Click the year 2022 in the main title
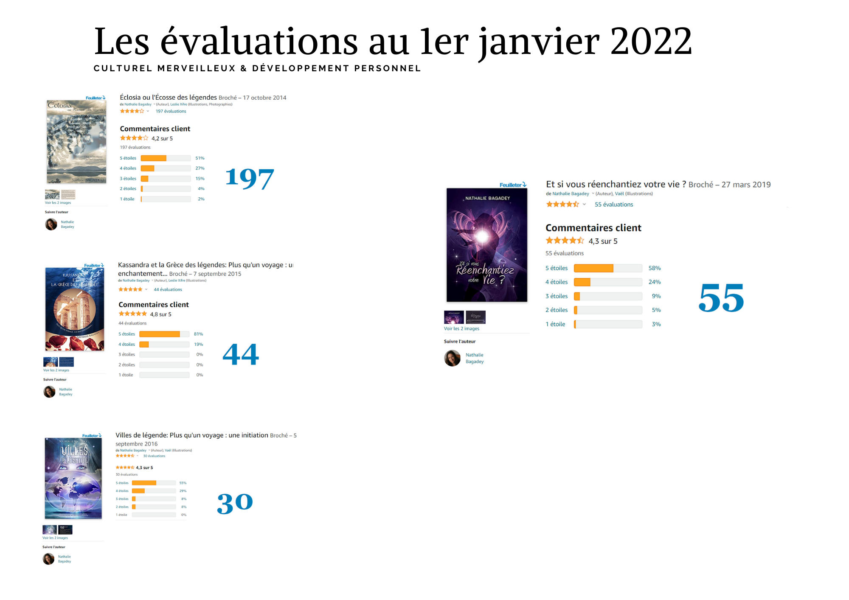(x=651, y=41)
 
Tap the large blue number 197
(x=249, y=178)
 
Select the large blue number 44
(x=241, y=354)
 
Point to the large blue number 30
(x=235, y=503)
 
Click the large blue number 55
(x=721, y=298)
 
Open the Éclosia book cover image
(x=76, y=141)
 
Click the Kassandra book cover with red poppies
(x=75, y=309)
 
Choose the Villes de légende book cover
(x=73, y=478)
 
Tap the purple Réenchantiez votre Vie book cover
(x=487, y=245)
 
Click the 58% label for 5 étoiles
(x=655, y=268)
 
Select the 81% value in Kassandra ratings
(x=198, y=334)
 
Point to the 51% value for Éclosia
(x=200, y=158)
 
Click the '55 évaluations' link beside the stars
(x=614, y=205)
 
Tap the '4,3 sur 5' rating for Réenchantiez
(x=603, y=241)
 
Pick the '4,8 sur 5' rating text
(x=160, y=314)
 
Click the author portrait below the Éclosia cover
(x=51, y=224)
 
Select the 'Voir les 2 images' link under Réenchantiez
(x=461, y=328)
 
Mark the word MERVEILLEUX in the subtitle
(x=196, y=68)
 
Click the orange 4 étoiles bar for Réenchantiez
(x=582, y=282)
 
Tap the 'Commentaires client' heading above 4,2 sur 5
(x=155, y=129)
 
